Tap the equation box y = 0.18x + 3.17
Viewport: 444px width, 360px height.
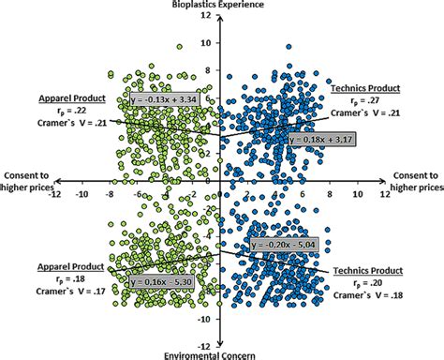285,140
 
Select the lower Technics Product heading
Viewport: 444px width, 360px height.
366,270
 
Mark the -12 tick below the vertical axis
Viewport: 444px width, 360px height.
206,343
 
